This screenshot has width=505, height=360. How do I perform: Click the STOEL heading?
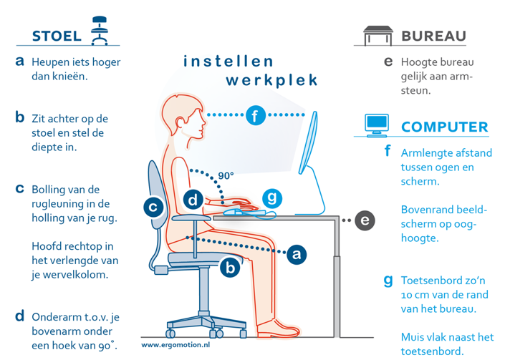point(57,36)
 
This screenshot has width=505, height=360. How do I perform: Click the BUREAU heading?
point(434,36)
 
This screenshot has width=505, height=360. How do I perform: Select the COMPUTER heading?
point(445,127)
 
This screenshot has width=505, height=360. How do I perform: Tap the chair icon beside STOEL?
point(99,31)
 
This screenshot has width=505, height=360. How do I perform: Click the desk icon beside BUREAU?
point(378,36)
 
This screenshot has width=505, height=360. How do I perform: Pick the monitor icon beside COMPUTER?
point(377,125)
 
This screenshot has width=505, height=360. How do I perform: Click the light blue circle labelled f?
point(256,115)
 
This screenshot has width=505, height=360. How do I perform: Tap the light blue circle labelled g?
point(272,198)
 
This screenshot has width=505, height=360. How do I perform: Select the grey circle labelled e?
point(365,220)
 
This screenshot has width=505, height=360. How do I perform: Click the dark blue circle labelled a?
point(297,255)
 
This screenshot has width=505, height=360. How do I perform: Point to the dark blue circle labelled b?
point(230,268)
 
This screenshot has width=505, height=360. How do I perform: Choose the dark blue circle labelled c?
point(153,207)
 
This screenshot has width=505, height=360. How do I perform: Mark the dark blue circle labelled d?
point(193,200)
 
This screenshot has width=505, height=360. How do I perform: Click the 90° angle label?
point(226,175)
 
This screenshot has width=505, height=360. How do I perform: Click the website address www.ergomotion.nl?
point(175,345)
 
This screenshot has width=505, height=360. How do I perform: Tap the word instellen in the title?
point(229,61)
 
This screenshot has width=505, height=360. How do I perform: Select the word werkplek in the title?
point(271,80)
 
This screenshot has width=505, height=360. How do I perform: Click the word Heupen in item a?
point(51,62)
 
